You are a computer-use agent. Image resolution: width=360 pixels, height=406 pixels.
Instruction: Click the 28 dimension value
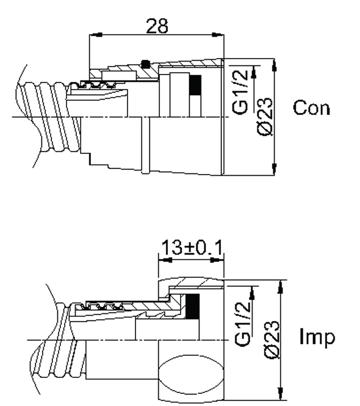157,26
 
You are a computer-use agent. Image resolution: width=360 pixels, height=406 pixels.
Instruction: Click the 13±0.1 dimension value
192,247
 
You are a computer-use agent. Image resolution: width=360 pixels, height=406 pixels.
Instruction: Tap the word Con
312,107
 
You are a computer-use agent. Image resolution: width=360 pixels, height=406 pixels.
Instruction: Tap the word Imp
317,336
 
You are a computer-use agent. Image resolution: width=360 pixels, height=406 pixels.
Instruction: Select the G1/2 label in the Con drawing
240,92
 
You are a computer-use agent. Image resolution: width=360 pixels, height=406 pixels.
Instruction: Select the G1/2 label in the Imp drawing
242,323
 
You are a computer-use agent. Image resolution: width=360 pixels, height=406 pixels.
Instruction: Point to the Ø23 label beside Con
265,117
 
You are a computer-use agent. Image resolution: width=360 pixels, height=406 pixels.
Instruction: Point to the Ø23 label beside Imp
272,340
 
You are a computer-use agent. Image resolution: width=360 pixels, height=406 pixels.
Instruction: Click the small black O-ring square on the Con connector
145,64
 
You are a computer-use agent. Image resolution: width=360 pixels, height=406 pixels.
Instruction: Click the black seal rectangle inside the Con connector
195,85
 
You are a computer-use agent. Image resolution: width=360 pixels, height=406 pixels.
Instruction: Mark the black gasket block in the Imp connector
193,306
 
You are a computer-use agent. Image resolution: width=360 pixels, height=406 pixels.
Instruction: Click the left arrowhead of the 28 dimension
95,34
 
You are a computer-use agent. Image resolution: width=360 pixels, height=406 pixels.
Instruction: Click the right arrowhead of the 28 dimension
218,34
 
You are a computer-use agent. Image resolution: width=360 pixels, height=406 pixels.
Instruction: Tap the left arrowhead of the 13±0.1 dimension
165,260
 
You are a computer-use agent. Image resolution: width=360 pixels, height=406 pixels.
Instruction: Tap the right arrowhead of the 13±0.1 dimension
217,260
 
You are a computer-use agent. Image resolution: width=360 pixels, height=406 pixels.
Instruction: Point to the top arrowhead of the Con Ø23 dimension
275,65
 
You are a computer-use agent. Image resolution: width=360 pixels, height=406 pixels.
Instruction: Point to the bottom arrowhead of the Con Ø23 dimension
275,169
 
